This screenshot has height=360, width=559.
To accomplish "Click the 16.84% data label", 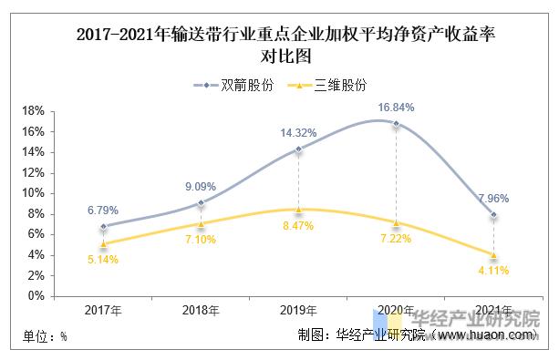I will (x=396, y=107).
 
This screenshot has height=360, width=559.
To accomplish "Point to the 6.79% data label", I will (x=104, y=210).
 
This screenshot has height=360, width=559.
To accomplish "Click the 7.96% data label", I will (x=492, y=198).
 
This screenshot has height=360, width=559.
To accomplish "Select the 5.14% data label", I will (x=104, y=259).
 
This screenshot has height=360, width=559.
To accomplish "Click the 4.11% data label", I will (x=492, y=270).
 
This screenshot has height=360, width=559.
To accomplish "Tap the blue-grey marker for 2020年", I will (x=396, y=123).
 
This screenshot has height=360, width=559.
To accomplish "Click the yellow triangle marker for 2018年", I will (x=201, y=223).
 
